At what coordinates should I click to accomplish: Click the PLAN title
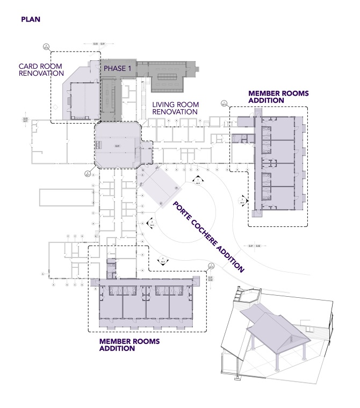(31, 19)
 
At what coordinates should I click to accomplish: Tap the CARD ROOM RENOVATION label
(41, 70)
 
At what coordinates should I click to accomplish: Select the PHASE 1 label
(117, 69)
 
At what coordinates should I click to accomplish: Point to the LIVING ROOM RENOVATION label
(175, 108)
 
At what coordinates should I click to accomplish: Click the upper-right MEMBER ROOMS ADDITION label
(278, 97)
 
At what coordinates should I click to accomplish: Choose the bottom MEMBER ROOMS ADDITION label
(129, 345)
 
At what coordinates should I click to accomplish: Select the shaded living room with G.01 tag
(117, 145)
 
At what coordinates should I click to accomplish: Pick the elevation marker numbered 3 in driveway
(242, 201)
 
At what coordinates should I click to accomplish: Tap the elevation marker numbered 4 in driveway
(163, 261)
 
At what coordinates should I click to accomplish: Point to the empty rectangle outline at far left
(63, 198)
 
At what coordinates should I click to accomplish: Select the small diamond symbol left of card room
(54, 108)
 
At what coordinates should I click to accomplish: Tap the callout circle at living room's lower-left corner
(88, 173)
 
